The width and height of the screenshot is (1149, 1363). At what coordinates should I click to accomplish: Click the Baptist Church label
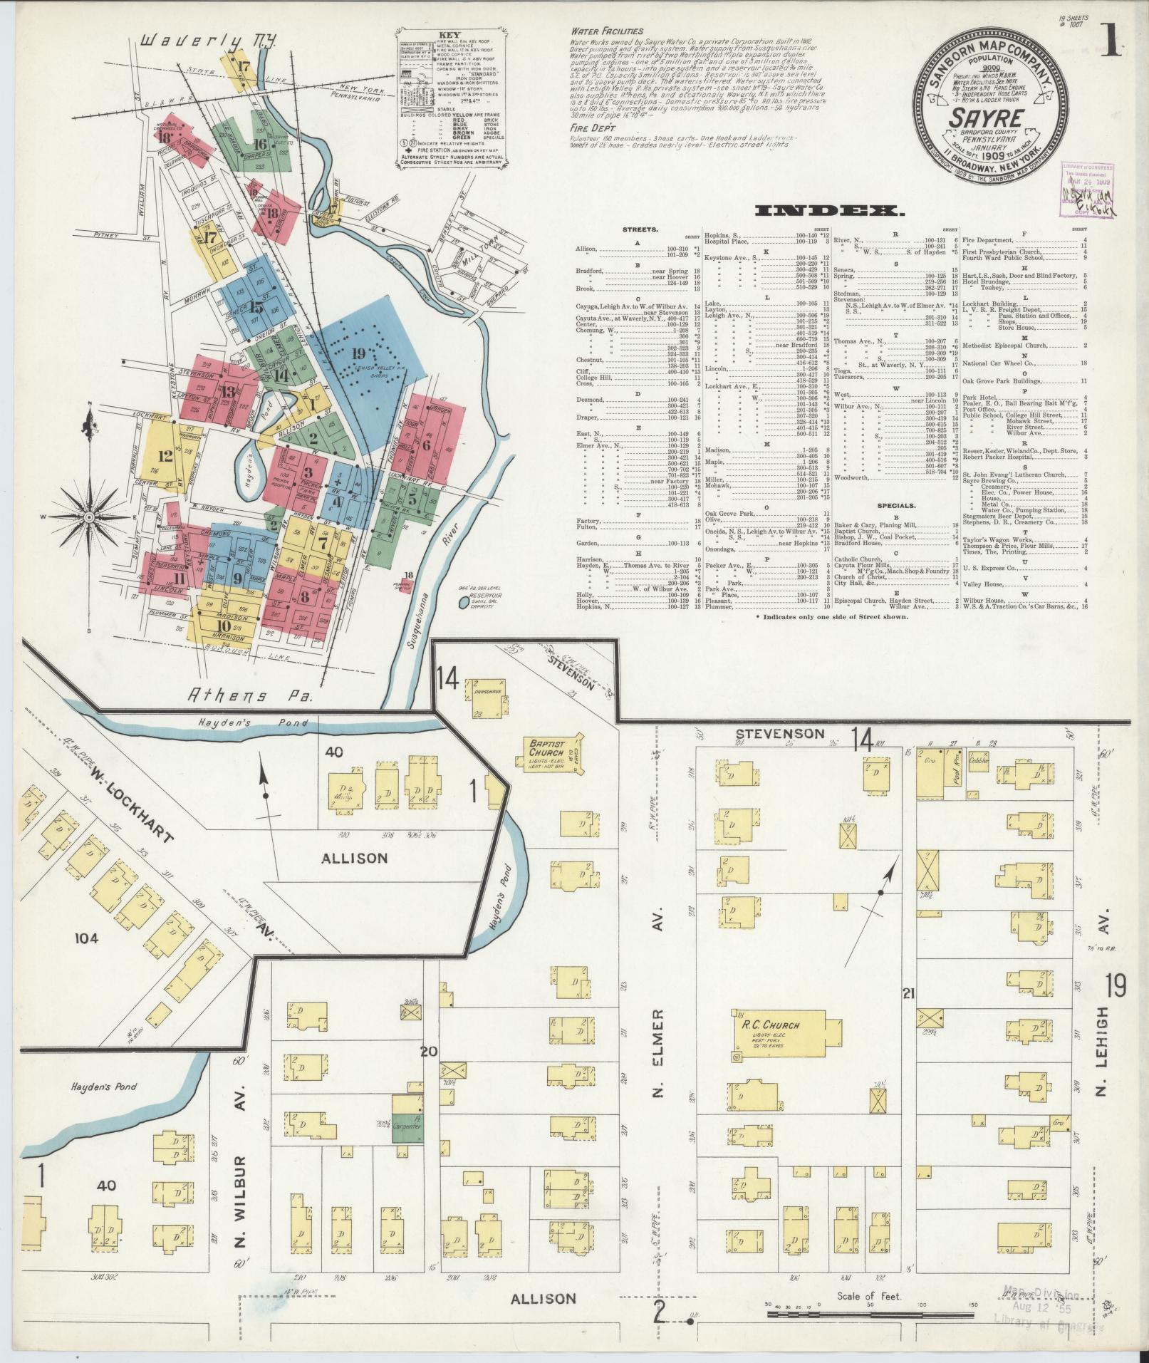tap(546, 748)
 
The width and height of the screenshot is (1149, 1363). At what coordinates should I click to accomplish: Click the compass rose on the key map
tap(90, 516)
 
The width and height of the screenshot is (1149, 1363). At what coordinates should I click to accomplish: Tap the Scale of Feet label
tap(870, 1296)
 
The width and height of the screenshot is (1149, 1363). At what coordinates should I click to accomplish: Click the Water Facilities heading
tap(606, 31)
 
